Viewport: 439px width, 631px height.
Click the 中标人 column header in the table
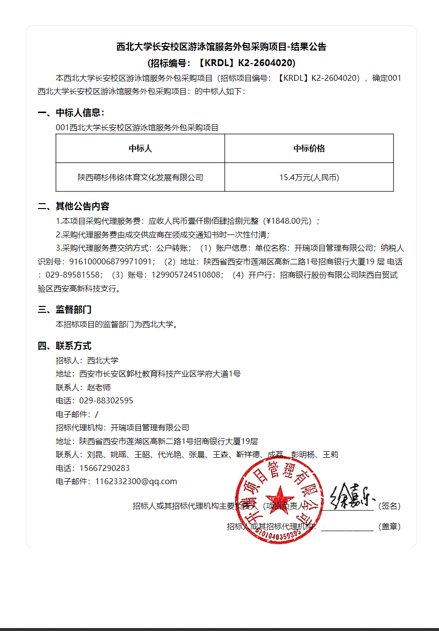(140, 148)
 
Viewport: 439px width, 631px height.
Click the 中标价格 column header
(309, 148)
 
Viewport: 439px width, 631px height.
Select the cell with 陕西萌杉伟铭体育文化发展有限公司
(140, 177)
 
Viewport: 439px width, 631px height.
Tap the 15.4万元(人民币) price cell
(309, 177)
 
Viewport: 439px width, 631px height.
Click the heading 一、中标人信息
(71, 113)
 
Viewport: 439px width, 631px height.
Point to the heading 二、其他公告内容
(74, 206)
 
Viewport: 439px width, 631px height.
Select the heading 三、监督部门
(65, 309)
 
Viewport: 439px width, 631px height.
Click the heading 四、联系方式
(65, 346)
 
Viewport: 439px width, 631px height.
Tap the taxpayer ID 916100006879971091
(113, 262)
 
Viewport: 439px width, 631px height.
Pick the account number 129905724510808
(186, 275)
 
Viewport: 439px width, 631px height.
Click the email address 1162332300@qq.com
(136, 481)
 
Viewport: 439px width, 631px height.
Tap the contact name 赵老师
(99, 387)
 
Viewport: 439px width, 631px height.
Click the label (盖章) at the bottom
(390, 527)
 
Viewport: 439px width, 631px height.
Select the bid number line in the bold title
(221, 63)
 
